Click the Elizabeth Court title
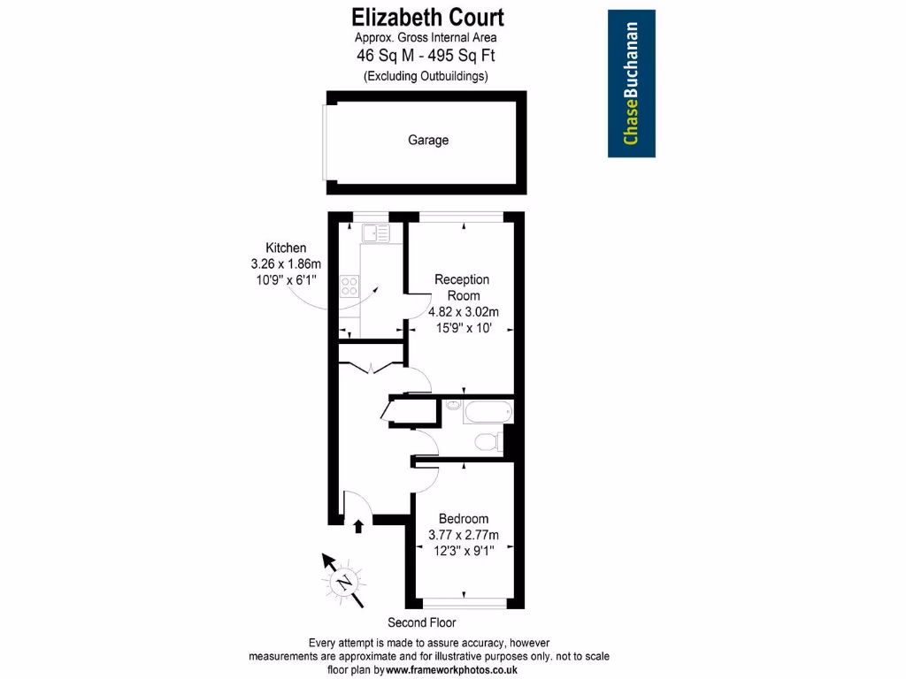point(427,17)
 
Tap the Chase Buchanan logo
point(632,83)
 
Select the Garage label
point(428,140)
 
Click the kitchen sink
point(375,233)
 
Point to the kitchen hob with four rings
point(350,286)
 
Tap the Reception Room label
point(463,287)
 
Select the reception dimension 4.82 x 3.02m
point(464,311)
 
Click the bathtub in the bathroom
point(488,411)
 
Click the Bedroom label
point(464,519)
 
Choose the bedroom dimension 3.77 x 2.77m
point(464,535)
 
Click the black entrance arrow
point(358,527)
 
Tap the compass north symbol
point(342,580)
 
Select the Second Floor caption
point(422,622)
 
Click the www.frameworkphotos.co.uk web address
point(451,671)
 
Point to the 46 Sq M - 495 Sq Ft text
point(426,55)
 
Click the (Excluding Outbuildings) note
point(426,76)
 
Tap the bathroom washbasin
point(452,406)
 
